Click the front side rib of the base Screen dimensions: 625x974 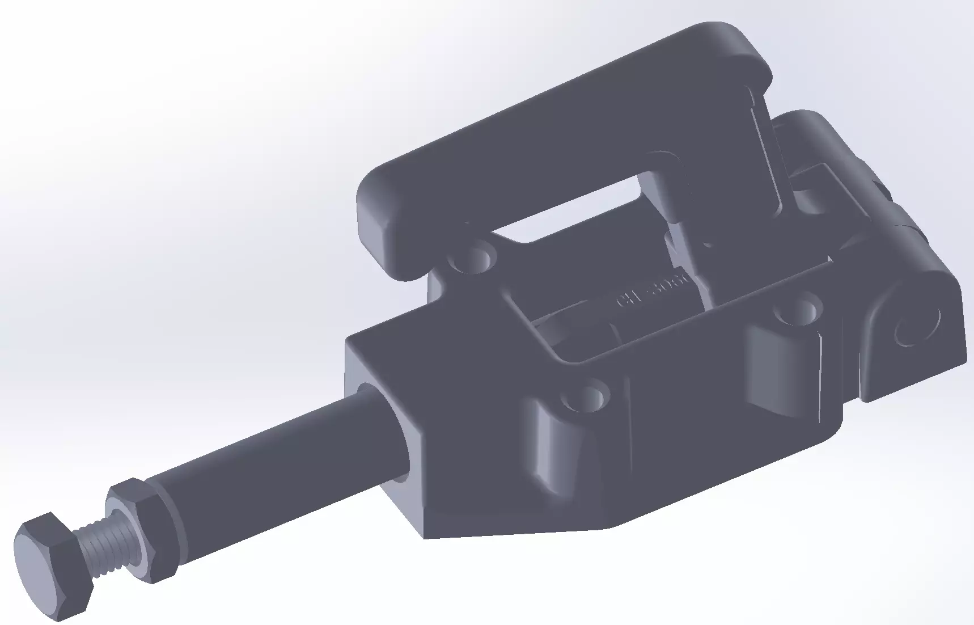tap(558, 448)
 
